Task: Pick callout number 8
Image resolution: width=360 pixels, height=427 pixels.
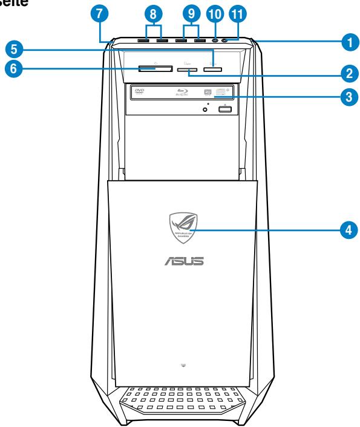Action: point(154,13)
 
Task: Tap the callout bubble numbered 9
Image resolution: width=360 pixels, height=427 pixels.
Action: point(192,13)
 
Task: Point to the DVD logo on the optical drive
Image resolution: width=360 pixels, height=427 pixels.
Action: point(140,91)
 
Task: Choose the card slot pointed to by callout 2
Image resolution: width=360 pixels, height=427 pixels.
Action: point(187,71)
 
